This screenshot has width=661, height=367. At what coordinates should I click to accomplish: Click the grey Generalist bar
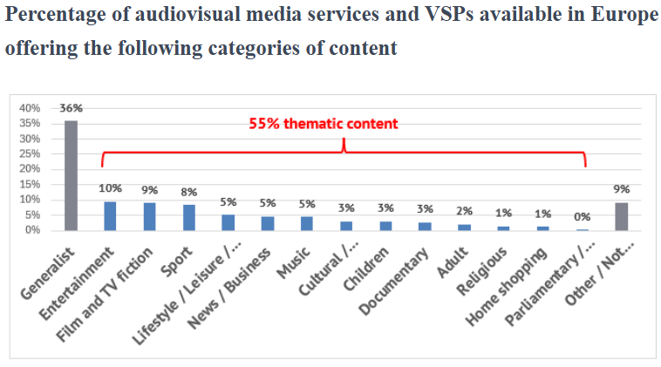(x=71, y=175)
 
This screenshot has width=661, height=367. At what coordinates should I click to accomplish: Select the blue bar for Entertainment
(x=110, y=216)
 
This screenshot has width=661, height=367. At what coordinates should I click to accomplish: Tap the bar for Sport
(x=188, y=217)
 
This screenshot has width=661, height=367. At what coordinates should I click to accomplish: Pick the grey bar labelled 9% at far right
(x=621, y=216)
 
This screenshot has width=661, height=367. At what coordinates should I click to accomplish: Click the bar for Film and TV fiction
(x=149, y=216)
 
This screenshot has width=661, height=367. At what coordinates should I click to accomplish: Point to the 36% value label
(x=71, y=109)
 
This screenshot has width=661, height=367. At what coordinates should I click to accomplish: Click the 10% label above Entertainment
(x=110, y=188)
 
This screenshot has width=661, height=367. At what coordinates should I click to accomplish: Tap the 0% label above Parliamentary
(x=582, y=217)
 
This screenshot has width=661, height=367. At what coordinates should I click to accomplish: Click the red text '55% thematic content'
(x=323, y=124)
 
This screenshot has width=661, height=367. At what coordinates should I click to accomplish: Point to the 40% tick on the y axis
(x=30, y=108)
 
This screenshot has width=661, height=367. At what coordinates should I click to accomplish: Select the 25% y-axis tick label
(x=30, y=154)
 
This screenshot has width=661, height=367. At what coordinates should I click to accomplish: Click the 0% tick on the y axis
(x=33, y=230)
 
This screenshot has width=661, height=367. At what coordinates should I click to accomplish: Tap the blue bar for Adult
(x=464, y=227)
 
